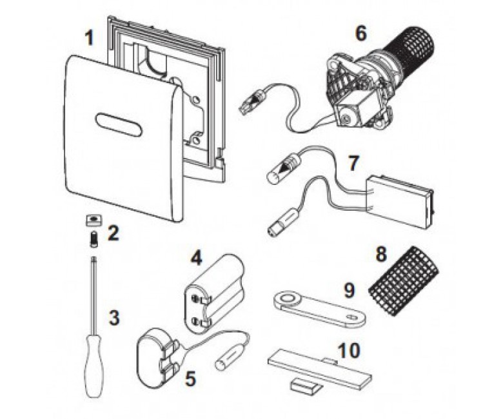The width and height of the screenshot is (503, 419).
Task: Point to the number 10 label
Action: tap(349, 351)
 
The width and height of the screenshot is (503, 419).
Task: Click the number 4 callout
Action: tap(196, 258)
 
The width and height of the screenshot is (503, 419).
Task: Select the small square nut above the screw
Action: tap(94, 220)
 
